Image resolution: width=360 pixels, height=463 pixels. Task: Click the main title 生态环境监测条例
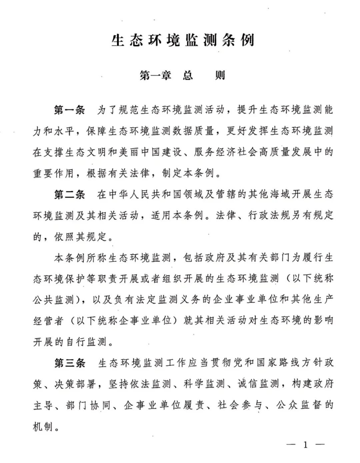pyautogui.click(x=183, y=41)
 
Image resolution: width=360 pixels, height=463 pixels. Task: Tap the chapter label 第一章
pyautogui.click(x=155, y=75)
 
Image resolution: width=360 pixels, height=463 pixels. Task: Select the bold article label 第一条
pyautogui.click(x=70, y=110)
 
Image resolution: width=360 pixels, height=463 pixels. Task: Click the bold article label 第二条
pyautogui.click(x=70, y=194)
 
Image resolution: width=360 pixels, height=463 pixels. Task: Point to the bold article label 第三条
pyautogui.click(x=70, y=363)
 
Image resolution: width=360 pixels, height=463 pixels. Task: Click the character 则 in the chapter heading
pyautogui.click(x=220, y=75)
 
